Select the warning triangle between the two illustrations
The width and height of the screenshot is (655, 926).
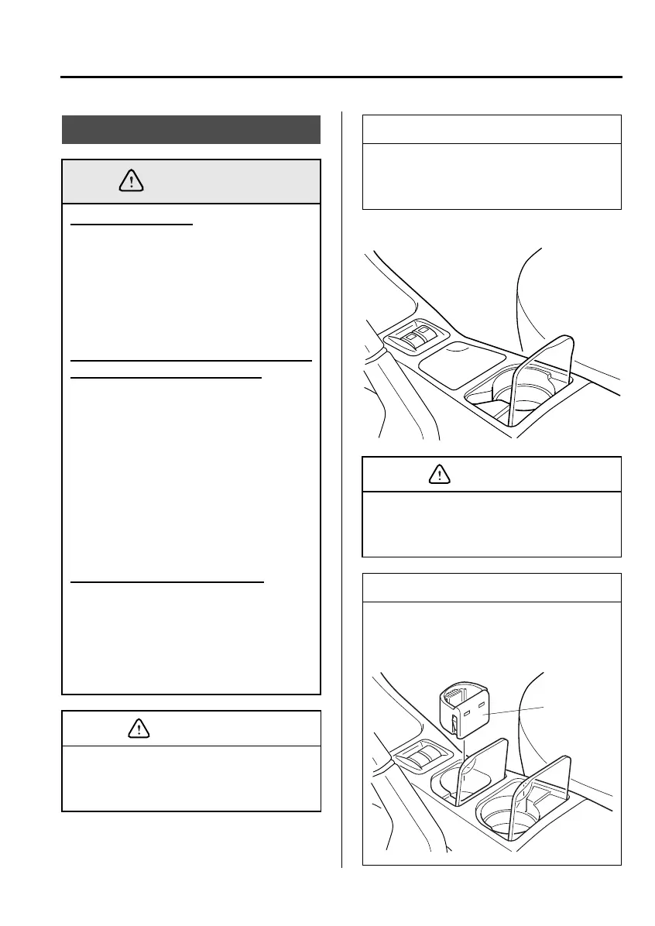coord(438,475)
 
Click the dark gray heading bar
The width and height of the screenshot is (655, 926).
coord(191,129)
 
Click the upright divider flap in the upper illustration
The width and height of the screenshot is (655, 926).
coord(547,365)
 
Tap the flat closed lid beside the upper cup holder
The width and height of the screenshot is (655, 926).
coord(456,359)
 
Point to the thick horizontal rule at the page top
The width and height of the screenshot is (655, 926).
coord(341,77)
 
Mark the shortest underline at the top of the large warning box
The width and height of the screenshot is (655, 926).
coord(131,225)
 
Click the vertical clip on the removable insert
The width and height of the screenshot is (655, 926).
coord(454,727)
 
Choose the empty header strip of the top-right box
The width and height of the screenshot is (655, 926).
coord(492,129)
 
